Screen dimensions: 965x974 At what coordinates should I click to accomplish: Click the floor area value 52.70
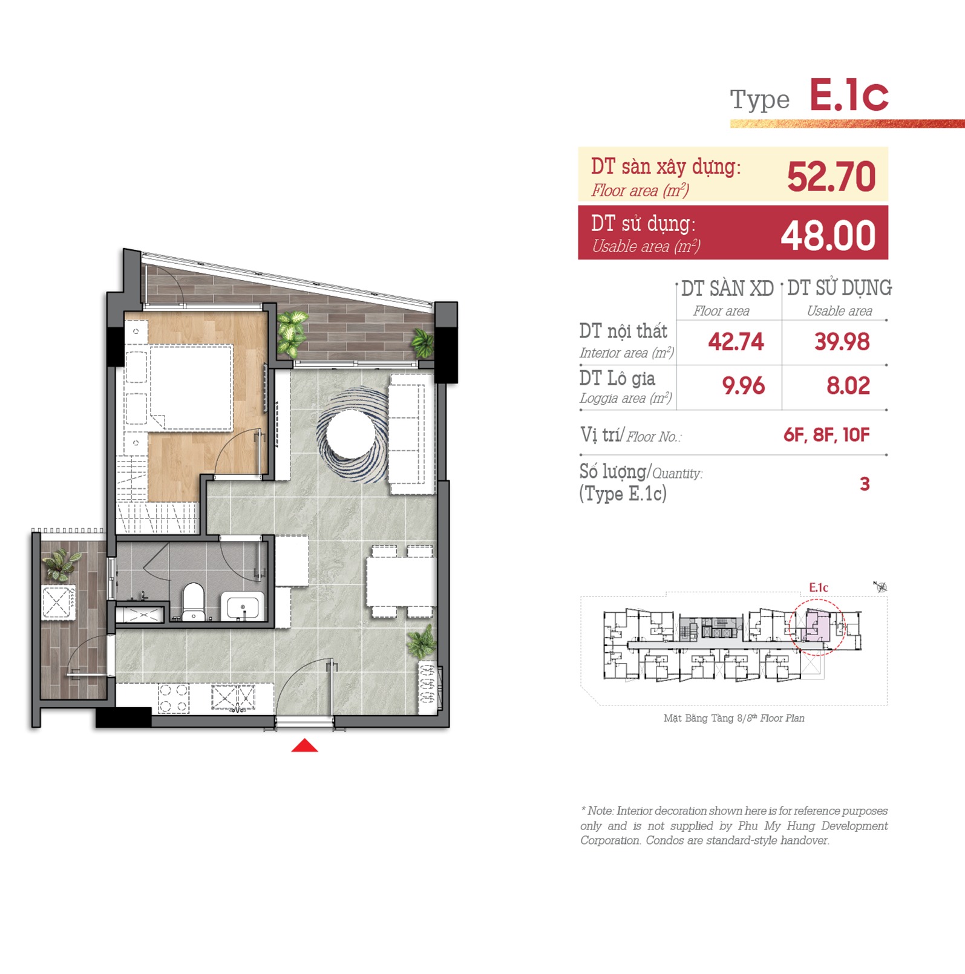pos(831,177)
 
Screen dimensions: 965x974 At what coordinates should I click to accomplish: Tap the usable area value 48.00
pos(828,235)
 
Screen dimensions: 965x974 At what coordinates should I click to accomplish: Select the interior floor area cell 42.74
pos(736,342)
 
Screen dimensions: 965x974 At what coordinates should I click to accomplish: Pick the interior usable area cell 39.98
pos(842,342)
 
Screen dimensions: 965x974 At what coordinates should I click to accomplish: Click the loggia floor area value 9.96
pos(744,386)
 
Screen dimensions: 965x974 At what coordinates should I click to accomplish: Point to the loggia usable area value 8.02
pos(848,386)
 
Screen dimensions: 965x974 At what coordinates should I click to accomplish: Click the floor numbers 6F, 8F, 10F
pos(826,435)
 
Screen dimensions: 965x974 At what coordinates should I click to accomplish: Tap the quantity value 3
pos(865,484)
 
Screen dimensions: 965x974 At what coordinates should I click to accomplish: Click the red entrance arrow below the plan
pos(304,746)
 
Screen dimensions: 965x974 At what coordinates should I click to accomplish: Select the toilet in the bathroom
pos(194,601)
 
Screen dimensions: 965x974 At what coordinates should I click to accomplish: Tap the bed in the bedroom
pos(189,387)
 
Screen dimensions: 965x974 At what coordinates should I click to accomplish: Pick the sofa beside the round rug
pos(411,434)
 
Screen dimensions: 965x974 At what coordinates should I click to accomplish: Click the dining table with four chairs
pos(401,581)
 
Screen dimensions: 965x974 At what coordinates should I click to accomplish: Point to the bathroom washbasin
pos(243,606)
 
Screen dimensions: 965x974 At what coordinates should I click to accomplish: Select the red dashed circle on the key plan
pos(817,627)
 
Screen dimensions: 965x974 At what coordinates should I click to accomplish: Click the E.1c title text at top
pos(849,96)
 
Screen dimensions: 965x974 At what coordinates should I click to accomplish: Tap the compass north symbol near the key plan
pos(880,586)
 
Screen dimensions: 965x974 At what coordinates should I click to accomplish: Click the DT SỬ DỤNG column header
pos(839,289)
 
